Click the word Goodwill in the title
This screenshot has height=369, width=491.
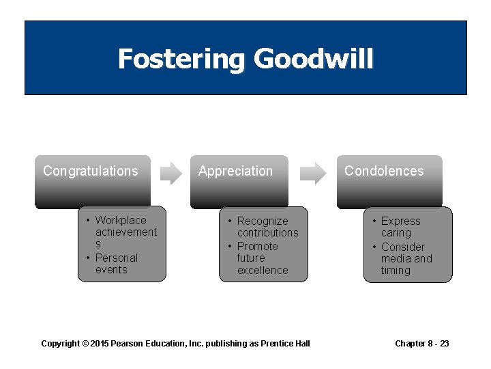[314, 59]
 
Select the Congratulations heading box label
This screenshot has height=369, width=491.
[90, 171]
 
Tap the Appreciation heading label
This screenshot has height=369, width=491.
[235, 171]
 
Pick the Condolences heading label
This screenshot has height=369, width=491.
[384, 171]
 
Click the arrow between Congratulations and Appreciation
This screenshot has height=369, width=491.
[171, 173]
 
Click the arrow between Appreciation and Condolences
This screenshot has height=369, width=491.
[313, 173]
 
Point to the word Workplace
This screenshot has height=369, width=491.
[121, 220]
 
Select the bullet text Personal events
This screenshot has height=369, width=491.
[116, 264]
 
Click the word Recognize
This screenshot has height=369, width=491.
[263, 221]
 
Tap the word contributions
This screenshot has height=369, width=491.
[267, 232]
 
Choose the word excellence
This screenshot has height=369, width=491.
[263, 270]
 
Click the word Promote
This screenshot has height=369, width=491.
[257, 246]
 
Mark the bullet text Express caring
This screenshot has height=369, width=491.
[400, 227]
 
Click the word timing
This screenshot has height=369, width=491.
[396, 270]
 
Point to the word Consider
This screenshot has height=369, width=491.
[403, 247]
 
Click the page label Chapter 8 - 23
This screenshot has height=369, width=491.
[422, 343]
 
